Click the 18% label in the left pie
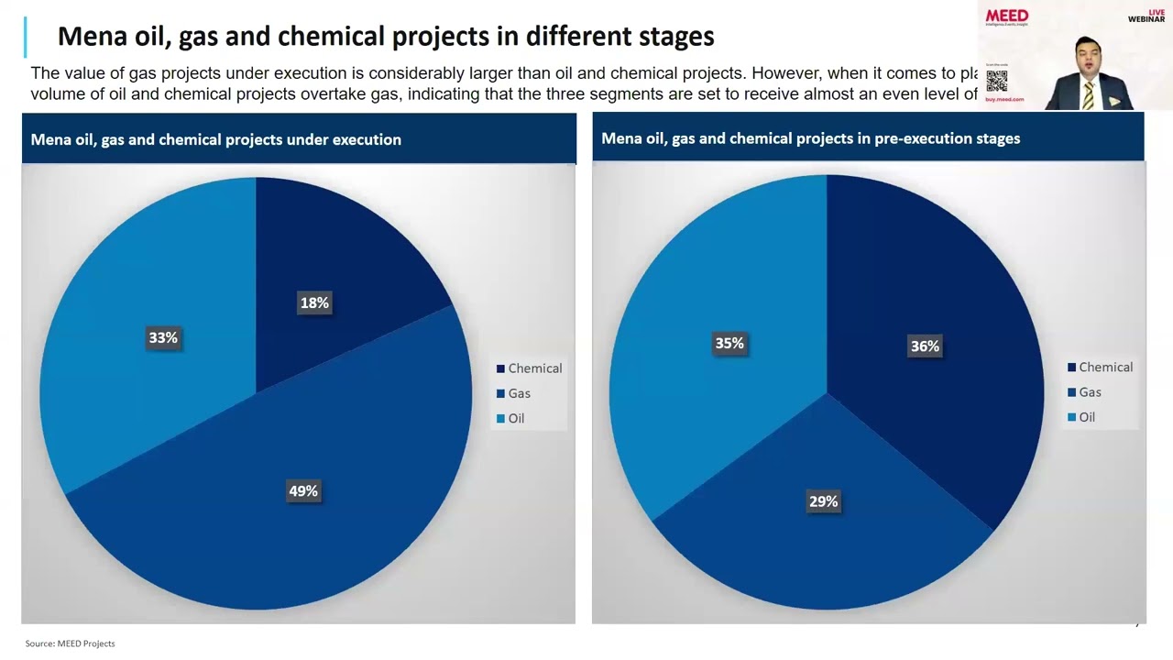pos(314,303)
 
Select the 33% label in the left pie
pos(163,338)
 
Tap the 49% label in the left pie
pos(303,491)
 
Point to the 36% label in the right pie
pos(925,346)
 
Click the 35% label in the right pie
pos(729,344)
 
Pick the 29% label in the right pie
pos(823,501)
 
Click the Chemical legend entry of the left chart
pos(529,368)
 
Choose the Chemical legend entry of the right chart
pos(1100,368)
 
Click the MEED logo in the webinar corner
pos(1006,16)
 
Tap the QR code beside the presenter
pos(996,81)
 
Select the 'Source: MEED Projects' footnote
pos(71,643)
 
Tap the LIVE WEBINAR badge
pos(1146,16)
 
